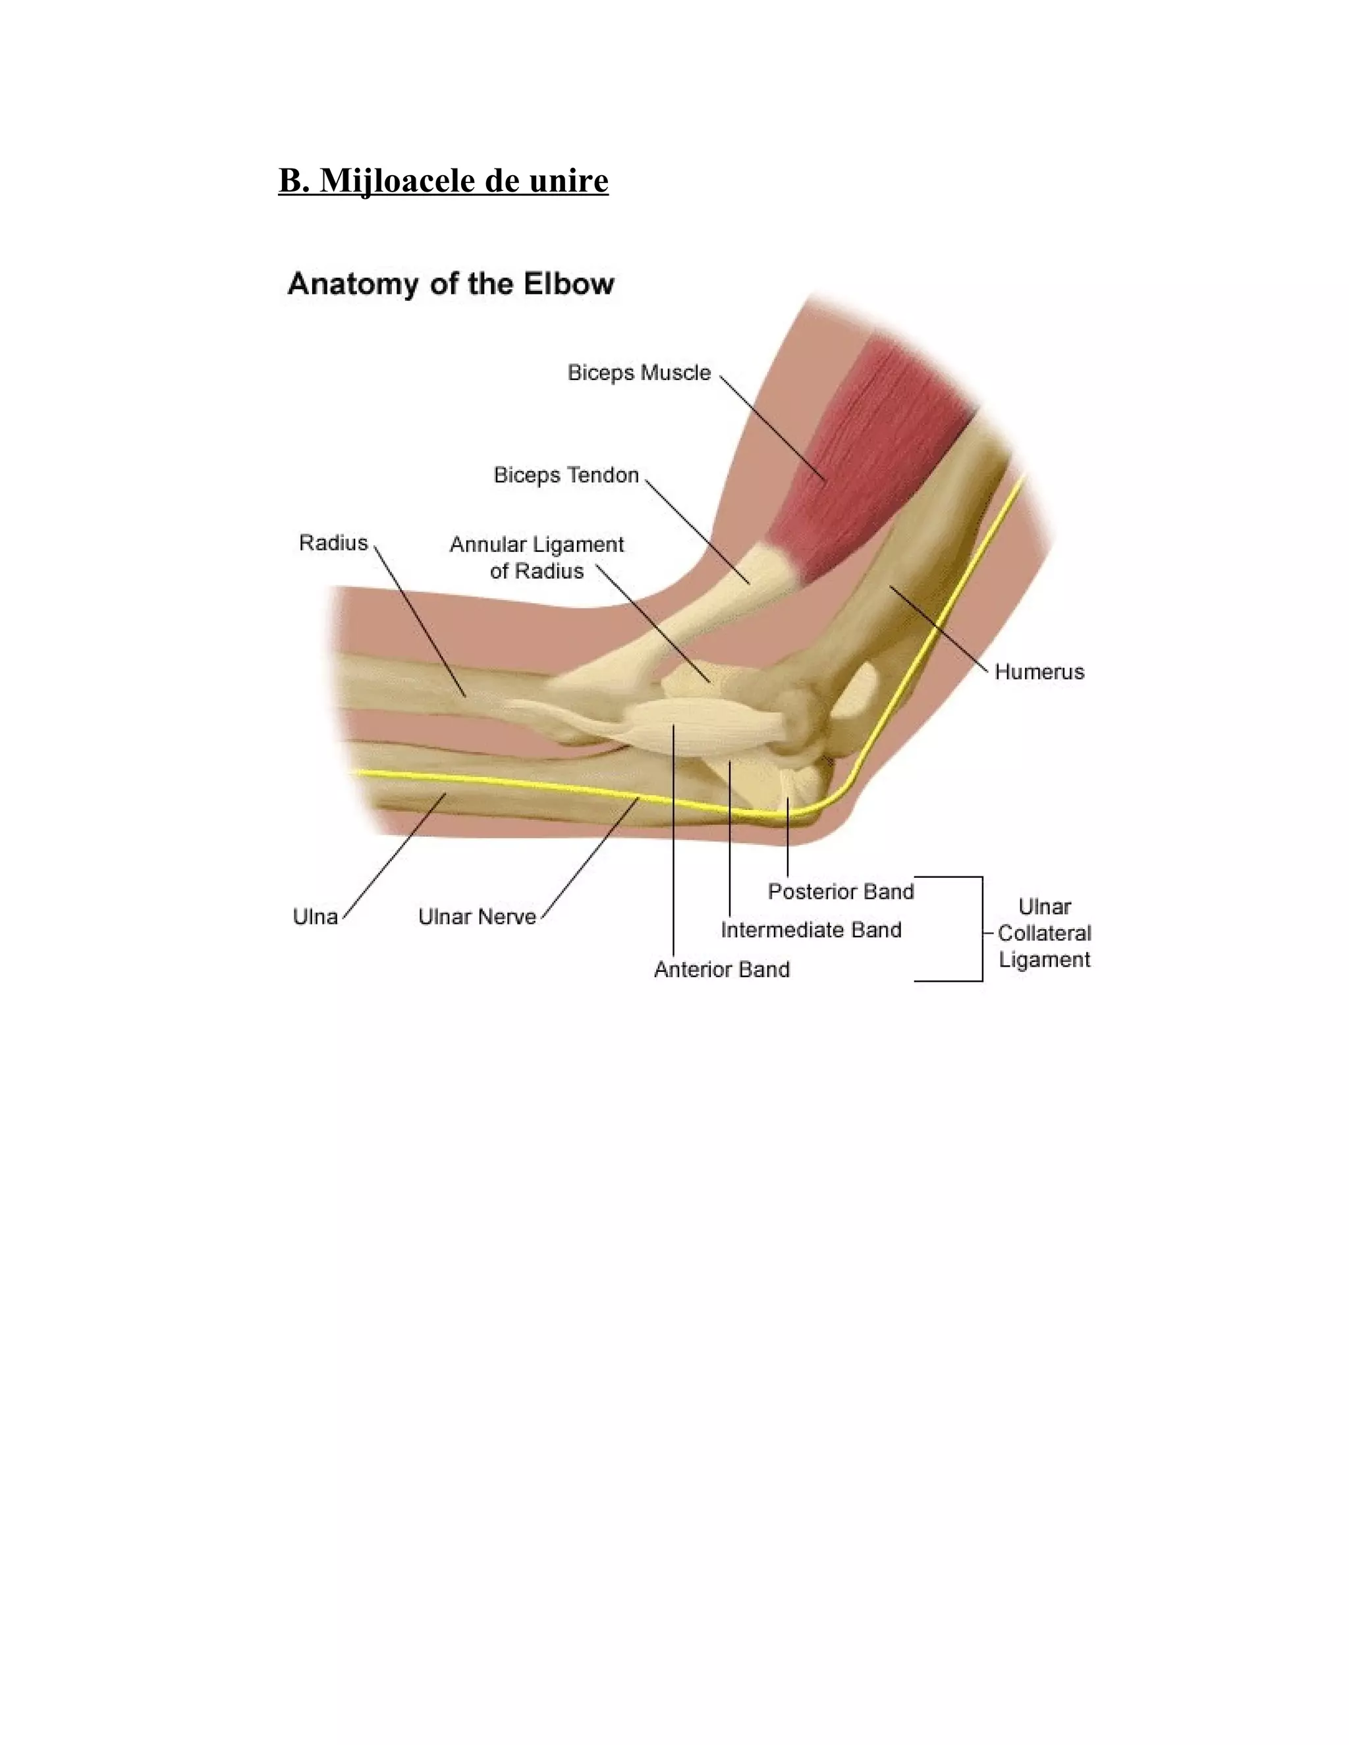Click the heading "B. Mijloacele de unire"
coord(443,180)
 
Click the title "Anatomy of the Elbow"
coord(451,284)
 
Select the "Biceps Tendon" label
coord(566,475)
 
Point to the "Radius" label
coord(333,543)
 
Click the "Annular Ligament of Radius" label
coord(536,558)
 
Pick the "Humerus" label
coord(1039,671)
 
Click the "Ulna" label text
coord(315,917)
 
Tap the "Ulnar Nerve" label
coord(477,917)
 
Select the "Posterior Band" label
coord(840,891)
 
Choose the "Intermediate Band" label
coord(810,929)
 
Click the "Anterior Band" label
coord(722,969)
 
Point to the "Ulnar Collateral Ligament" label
coord(1044,932)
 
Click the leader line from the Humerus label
coord(939,627)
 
